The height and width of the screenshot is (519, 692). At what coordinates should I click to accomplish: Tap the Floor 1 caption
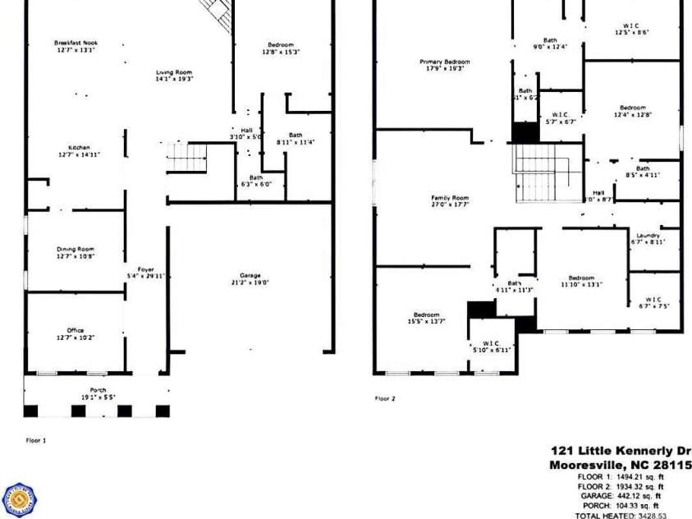pos(35,440)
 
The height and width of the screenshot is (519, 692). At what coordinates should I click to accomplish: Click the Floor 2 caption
pos(385,399)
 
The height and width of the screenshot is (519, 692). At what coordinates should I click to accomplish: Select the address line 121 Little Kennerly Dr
pos(621,450)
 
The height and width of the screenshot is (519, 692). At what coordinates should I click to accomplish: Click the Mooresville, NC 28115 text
pos(620,465)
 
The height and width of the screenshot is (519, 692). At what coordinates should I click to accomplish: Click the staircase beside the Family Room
pos(546,172)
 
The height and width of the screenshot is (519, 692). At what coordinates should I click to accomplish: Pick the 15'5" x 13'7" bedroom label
pos(426,318)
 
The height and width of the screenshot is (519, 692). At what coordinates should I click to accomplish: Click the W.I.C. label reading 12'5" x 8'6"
pos(632,29)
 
